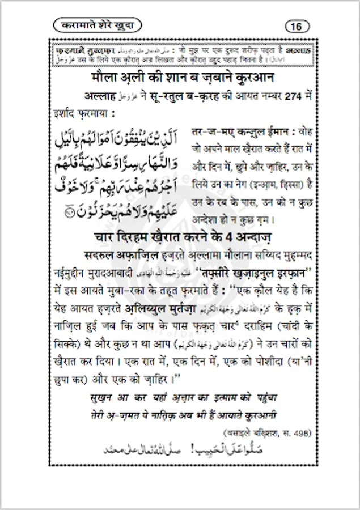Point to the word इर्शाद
pyautogui.click(x=70, y=113)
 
